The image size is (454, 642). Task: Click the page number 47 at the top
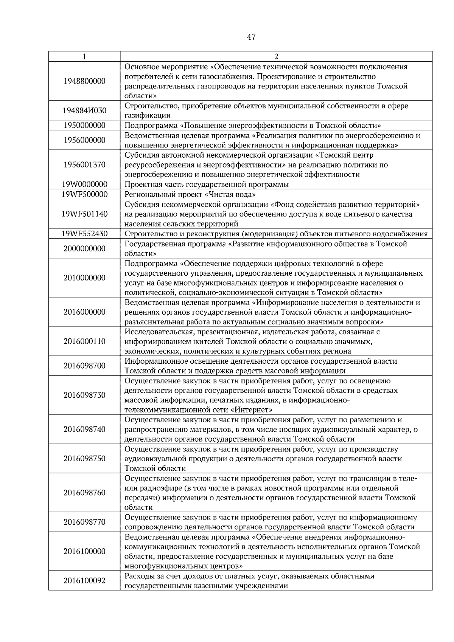coord(251,37)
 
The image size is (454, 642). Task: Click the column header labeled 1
coord(84,57)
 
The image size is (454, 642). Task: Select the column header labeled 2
coord(276,57)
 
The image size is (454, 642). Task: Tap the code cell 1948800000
coord(84,81)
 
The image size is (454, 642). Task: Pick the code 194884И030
coord(84,111)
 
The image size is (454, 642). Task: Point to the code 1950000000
coord(84,126)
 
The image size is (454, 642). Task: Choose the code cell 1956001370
coord(84,165)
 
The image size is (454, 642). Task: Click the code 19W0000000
coord(84,185)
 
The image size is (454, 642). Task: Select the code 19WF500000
coord(84,194)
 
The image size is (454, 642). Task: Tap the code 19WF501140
coord(84,214)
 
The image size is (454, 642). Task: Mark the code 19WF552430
coord(84,234)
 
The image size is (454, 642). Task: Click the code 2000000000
coord(84,249)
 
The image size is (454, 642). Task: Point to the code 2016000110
coord(84,341)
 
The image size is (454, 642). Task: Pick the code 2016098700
coord(84,366)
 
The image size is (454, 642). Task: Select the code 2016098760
coord(84,493)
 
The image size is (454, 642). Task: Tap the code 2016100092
coord(84,581)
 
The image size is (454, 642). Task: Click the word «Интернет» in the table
coord(252,410)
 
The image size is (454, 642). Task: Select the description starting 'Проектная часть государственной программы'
coord(207,185)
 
